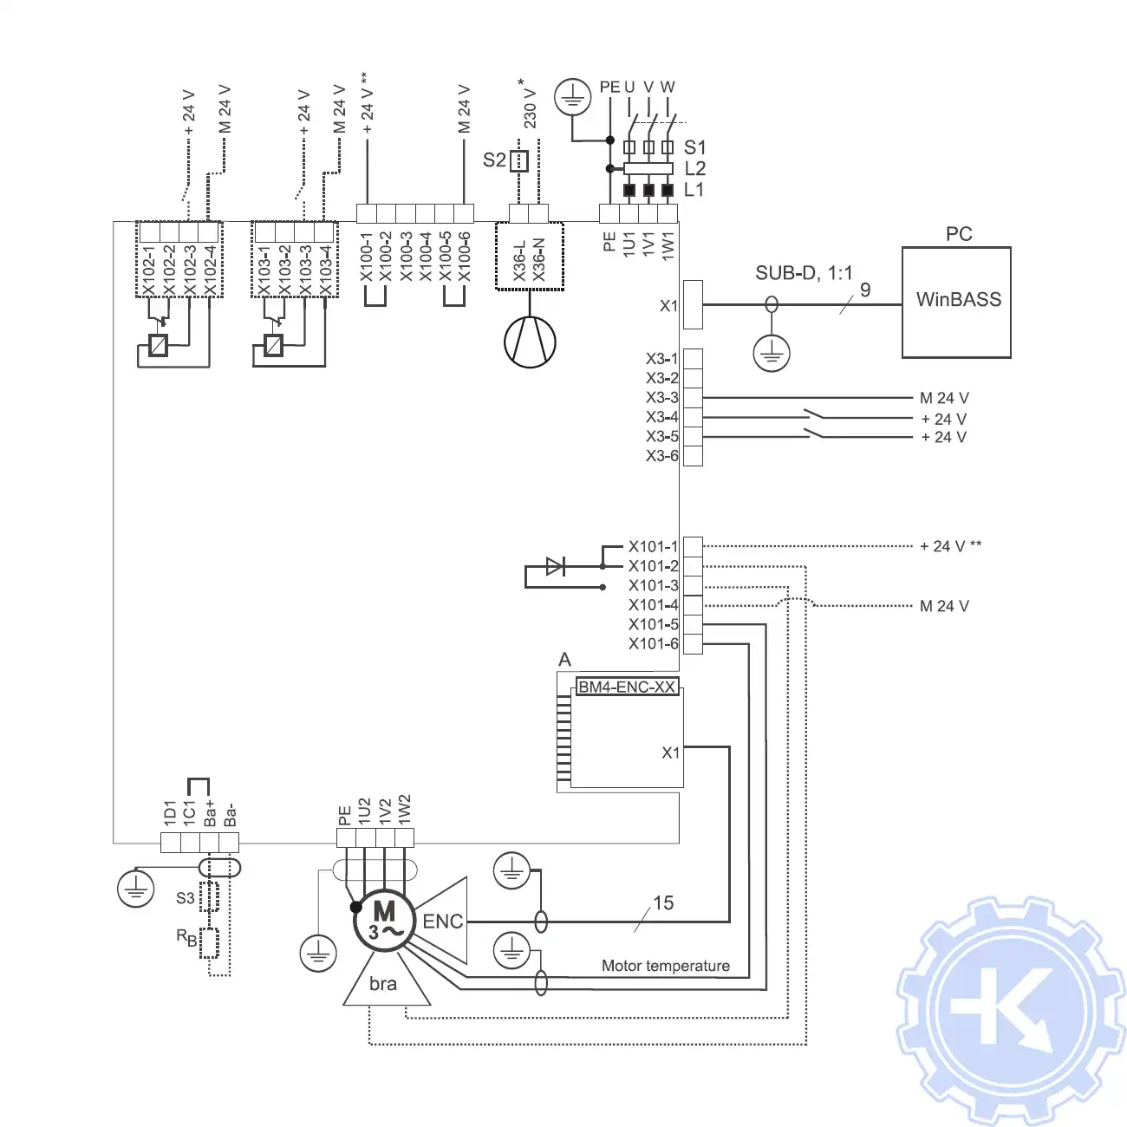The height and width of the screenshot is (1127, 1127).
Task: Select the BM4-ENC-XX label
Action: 626,687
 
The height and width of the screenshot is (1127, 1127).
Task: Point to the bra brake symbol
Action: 384,984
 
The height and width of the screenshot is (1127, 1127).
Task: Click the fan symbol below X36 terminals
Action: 530,342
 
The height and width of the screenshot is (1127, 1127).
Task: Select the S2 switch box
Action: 518,161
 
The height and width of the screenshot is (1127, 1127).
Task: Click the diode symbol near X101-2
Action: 555,566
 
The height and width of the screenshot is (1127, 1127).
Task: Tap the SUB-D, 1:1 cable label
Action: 804,273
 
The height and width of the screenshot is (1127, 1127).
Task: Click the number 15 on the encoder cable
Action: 663,903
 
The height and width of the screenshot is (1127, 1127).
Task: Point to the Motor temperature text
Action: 665,966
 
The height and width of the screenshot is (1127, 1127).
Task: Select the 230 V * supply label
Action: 530,104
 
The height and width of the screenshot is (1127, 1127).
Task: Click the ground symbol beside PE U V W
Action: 572,97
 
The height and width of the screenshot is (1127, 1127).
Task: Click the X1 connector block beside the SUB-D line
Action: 693,304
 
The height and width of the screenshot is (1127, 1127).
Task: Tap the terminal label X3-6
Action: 661,456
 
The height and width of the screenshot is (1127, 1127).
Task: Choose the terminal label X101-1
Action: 653,546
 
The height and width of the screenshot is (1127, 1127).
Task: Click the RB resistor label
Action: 186,937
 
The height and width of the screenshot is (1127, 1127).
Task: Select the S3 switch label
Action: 186,898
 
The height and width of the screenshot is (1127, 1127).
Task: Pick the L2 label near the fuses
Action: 694,168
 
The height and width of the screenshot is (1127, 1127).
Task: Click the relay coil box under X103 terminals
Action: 273,345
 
